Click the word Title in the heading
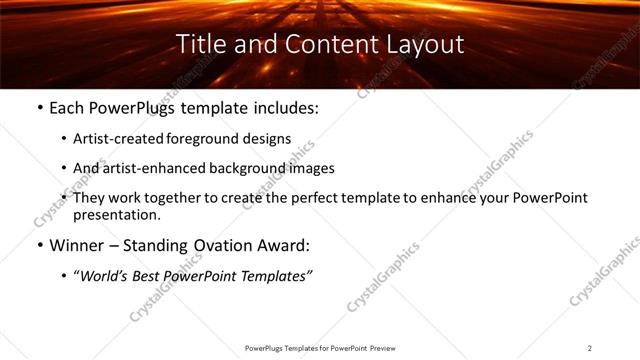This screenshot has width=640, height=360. pyautogui.click(x=200, y=45)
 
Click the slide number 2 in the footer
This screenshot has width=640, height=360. pyautogui.click(x=590, y=348)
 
